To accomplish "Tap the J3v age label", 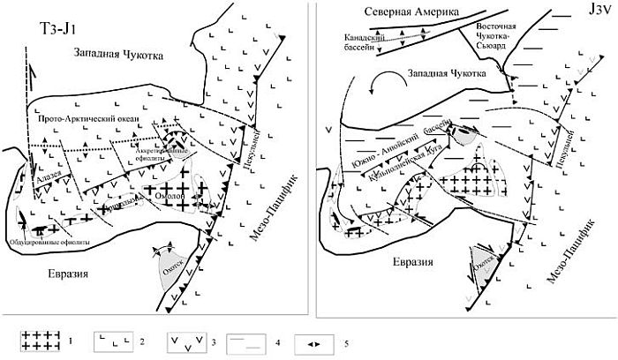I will coord(585,15).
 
